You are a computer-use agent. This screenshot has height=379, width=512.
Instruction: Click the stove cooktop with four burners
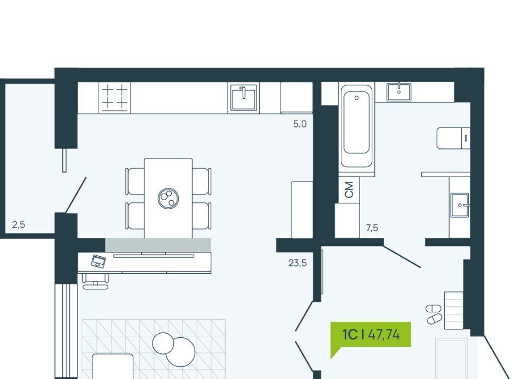[x=115, y=97]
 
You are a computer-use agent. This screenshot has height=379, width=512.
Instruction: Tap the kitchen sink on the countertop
[x=243, y=98]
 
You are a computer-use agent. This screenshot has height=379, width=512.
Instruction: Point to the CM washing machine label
[x=349, y=189]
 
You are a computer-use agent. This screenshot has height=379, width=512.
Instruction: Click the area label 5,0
[x=300, y=124]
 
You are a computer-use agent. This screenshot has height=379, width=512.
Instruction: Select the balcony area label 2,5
[x=19, y=225]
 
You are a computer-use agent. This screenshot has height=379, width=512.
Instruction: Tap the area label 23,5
[x=298, y=263]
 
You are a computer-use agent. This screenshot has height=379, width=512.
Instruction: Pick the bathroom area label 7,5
[x=372, y=228]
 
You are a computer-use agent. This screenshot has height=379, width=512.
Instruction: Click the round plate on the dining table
[x=168, y=199]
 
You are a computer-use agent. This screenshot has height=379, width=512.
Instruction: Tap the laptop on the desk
[x=98, y=261]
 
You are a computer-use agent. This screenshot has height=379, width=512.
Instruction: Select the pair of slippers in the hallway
[x=434, y=314]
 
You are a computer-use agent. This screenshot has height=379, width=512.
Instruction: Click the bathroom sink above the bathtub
[x=398, y=91]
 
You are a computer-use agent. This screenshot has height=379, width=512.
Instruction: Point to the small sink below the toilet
[x=459, y=204]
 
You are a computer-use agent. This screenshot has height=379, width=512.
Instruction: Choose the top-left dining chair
[x=135, y=181]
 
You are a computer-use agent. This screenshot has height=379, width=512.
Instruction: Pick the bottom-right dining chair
[x=202, y=215]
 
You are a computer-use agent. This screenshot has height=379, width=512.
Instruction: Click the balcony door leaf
[x=75, y=195]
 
